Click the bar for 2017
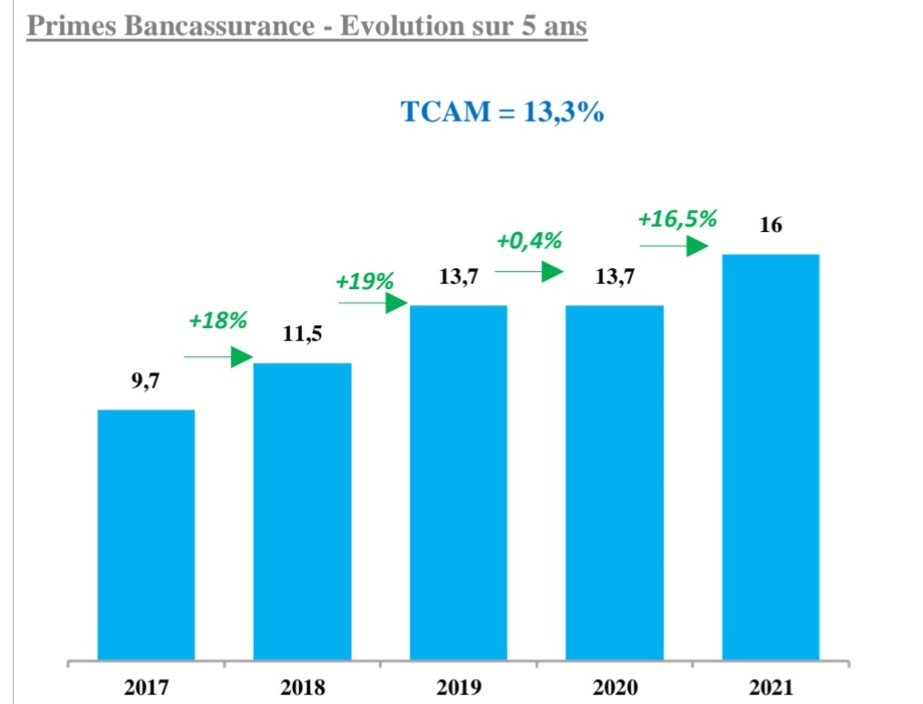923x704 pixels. click(146, 535)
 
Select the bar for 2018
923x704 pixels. click(302, 511)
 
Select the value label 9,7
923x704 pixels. click(145, 381)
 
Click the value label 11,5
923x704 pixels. click(302, 335)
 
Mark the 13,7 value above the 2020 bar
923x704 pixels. click(615, 277)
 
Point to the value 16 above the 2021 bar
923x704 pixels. click(771, 225)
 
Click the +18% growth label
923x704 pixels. click(218, 321)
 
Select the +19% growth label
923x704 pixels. click(364, 282)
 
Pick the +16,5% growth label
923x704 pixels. click(677, 219)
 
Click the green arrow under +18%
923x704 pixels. click(218, 357)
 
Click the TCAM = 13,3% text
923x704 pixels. click(502, 112)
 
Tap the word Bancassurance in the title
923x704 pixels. click(220, 26)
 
